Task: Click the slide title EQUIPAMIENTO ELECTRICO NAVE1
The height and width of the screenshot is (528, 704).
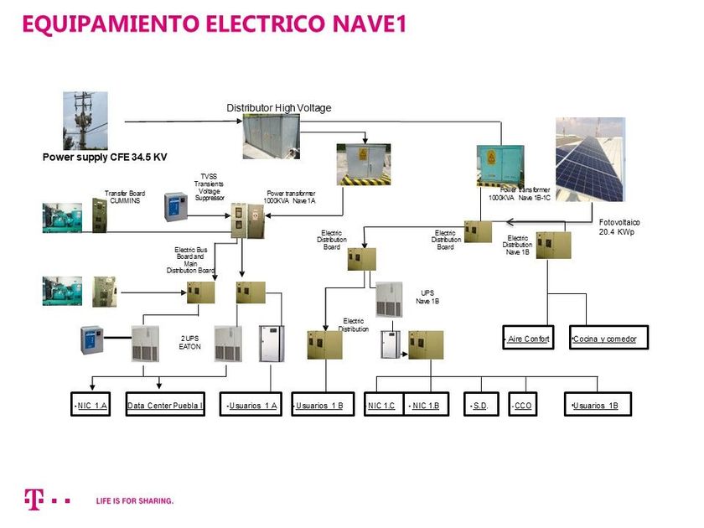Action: (x=215, y=24)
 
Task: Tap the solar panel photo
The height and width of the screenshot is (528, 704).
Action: (x=590, y=159)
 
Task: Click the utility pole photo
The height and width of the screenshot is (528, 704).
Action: (x=85, y=121)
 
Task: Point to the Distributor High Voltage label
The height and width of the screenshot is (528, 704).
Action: (x=279, y=108)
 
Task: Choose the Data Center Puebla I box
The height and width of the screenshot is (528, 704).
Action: (x=165, y=406)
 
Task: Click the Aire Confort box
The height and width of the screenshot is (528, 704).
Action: (x=528, y=339)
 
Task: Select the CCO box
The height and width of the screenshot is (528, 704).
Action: (x=523, y=406)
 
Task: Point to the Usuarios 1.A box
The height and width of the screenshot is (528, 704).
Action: (x=250, y=406)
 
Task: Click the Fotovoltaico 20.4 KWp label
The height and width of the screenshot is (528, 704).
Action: (x=619, y=226)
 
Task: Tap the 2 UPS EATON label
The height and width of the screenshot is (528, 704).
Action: (x=190, y=343)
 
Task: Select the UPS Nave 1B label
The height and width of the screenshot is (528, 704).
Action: (x=427, y=297)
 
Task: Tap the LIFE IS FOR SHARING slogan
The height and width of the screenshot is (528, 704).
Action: (x=135, y=500)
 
